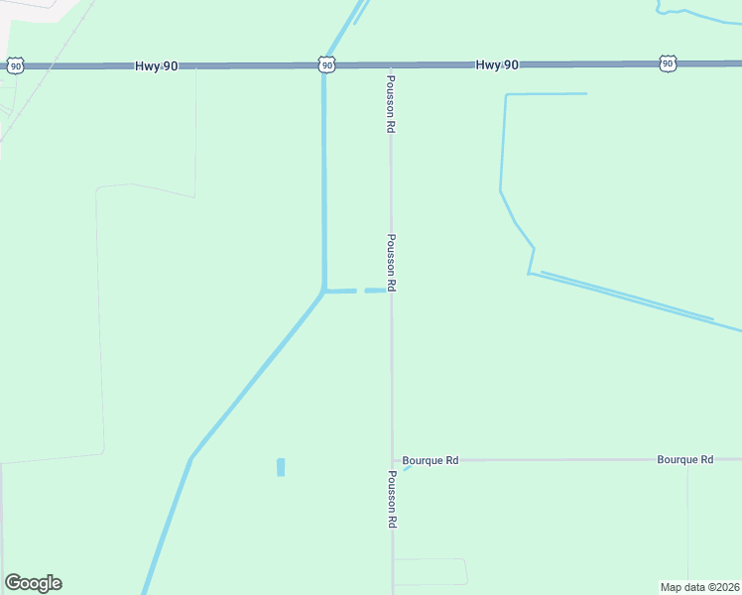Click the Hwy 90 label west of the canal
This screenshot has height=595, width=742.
(x=157, y=65)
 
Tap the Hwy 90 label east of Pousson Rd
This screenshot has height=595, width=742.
(x=497, y=64)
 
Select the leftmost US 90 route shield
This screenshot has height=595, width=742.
(x=15, y=65)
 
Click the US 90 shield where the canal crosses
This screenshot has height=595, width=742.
(x=327, y=64)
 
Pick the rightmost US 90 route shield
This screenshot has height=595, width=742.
(x=668, y=63)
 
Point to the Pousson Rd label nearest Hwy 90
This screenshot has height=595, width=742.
(x=391, y=104)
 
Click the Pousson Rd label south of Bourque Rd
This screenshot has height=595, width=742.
(x=392, y=499)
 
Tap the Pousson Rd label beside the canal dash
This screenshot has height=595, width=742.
(x=392, y=263)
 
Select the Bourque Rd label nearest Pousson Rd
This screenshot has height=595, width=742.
(x=430, y=460)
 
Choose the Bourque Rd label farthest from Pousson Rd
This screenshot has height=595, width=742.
(x=684, y=460)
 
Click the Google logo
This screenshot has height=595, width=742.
(x=33, y=583)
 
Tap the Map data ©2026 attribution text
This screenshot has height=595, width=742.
(x=699, y=586)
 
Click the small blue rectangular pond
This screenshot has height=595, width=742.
(x=281, y=467)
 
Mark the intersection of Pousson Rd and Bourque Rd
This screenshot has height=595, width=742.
(x=392, y=460)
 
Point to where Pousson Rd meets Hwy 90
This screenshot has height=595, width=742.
(x=390, y=64)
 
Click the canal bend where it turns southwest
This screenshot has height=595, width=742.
(x=324, y=291)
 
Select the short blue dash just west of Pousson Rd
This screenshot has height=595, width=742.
(x=374, y=292)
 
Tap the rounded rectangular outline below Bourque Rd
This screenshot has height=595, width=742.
(x=430, y=572)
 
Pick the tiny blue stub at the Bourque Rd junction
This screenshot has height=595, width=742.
(x=406, y=467)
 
